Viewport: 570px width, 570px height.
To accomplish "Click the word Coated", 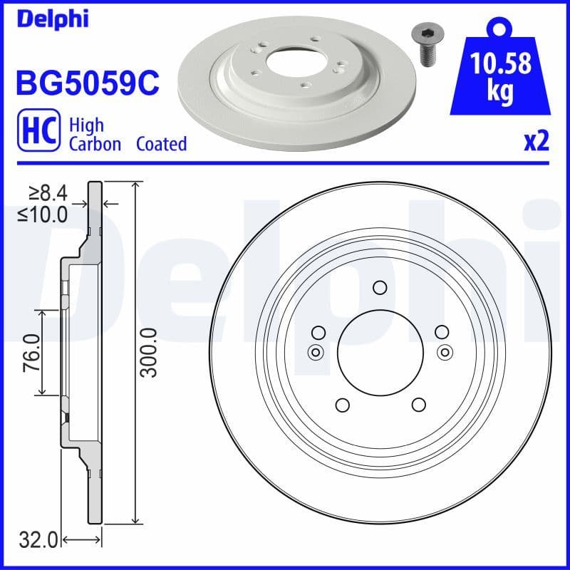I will click(x=161, y=144).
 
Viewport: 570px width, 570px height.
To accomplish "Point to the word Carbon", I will click(x=95, y=144).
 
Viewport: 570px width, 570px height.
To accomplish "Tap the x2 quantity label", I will click(x=536, y=142).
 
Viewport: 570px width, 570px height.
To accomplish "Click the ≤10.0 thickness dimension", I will click(x=43, y=212).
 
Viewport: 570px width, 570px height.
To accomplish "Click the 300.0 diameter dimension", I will click(x=148, y=353).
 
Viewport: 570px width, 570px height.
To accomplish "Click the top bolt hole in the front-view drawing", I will click(x=380, y=288).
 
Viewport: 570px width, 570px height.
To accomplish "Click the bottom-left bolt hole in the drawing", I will click(x=341, y=405).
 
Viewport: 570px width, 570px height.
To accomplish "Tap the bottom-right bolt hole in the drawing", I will click(x=418, y=405).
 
